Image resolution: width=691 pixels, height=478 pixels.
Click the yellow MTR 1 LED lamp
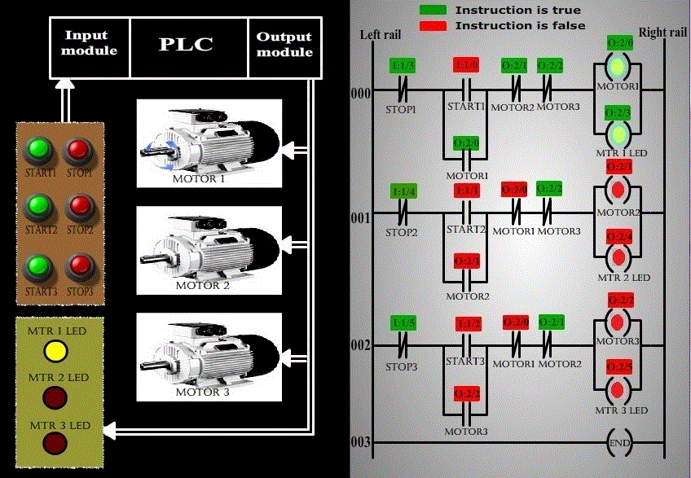(55, 351)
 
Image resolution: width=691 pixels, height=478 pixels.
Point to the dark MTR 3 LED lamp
(55, 444)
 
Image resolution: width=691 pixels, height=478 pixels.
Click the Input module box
(90, 44)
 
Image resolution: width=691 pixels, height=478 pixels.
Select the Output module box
(284, 44)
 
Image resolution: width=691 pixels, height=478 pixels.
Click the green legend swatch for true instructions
(434, 10)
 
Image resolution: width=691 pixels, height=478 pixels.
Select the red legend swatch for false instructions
(434, 25)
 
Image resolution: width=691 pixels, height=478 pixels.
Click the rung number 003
(360, 443)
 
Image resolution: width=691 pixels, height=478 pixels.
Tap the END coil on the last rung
(618, 443)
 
